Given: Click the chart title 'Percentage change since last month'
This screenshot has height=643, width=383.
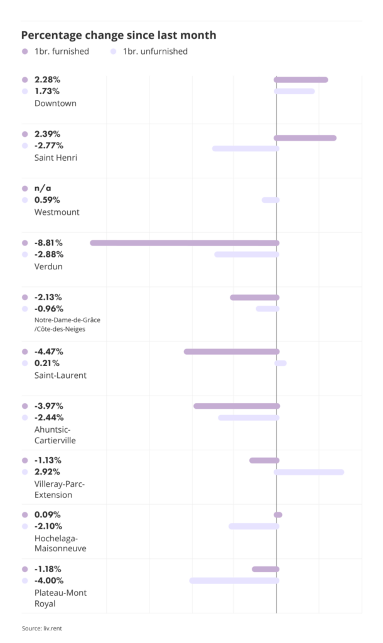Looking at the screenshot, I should pos(119,35).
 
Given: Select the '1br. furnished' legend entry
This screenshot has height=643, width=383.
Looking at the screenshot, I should pos(61,51).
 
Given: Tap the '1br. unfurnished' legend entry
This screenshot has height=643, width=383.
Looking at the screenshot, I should pos(154,51).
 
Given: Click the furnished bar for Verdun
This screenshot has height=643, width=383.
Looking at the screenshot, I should pos(185,243).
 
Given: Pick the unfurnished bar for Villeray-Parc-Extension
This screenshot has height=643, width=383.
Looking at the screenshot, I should pos(309,472).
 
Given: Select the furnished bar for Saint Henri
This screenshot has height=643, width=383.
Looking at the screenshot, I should pos(305,138).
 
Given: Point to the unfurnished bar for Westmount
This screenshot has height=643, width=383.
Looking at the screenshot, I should pos(271,200).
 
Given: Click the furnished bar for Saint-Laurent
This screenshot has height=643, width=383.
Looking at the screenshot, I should pos(231,352).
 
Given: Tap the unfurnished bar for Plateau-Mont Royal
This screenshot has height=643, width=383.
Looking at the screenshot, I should pos(234,581).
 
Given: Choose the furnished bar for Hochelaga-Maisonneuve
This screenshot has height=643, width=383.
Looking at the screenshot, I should pos(278,515).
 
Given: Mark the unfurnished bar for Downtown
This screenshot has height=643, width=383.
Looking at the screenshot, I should pos(294,91).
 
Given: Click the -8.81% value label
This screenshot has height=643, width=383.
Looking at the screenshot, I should pos(49,243).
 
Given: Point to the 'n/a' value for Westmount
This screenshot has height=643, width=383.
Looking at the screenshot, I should pos(43,188).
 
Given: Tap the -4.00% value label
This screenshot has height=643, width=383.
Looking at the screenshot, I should pos(49,581).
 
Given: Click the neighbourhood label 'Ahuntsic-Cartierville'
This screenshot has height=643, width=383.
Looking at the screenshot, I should pos(55,435).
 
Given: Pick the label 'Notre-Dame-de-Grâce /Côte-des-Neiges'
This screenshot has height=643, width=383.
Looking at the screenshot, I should pos(67,324).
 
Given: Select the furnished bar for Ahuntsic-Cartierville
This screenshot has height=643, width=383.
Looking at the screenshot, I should pos(236,406).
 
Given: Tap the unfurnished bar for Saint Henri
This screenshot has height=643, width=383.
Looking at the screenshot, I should pos(245,149).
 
